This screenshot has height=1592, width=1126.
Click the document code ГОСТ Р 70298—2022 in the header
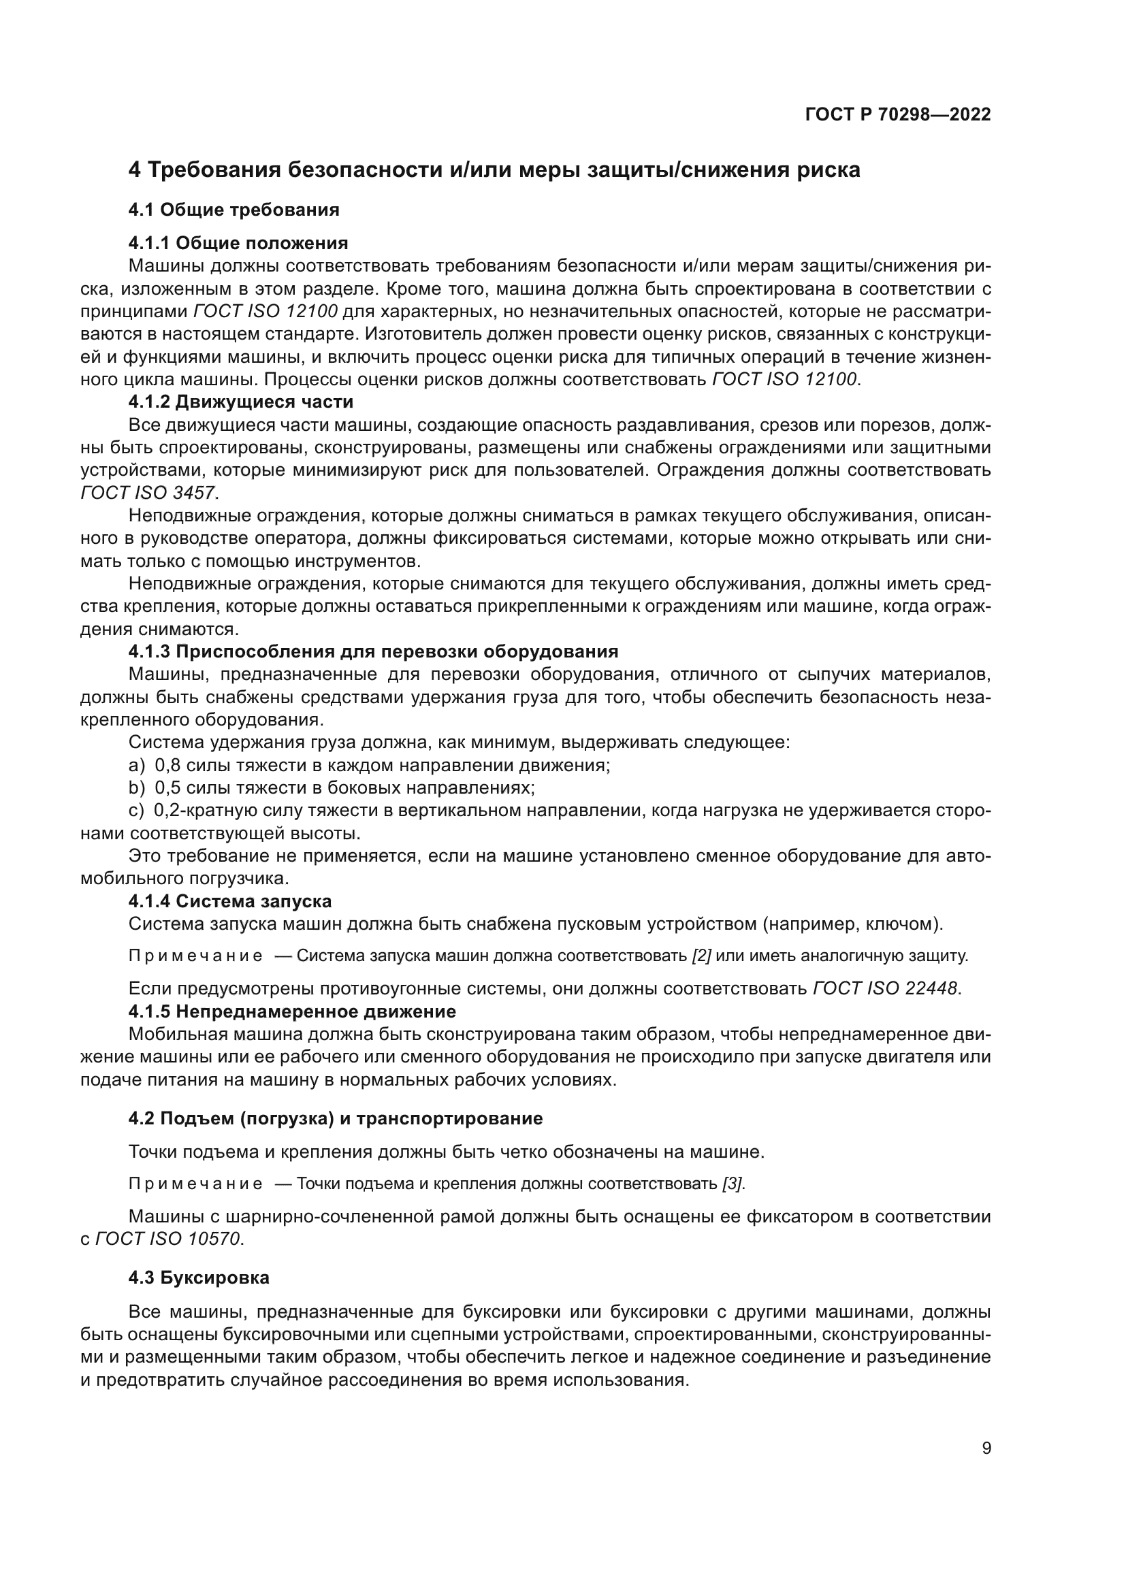(898, 115)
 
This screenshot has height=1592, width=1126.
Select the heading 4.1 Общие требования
(234, 210)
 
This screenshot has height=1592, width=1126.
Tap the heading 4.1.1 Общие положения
(238, 243)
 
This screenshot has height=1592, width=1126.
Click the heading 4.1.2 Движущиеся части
(240, 402)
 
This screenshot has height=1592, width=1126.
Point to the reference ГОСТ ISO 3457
(148, 493)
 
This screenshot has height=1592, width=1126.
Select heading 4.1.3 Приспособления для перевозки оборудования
(373, 652)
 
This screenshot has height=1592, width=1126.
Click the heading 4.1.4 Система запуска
(229, 901)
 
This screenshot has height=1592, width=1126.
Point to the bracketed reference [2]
(702, 956)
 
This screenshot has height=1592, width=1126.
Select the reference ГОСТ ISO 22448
(886, 989)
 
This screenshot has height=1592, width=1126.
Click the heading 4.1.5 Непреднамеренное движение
(292, 1011)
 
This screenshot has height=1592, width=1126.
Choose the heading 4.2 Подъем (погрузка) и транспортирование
(336, 1118)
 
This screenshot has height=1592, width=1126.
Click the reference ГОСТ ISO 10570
(168, 1239)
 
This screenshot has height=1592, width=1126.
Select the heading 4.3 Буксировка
(199, 1278)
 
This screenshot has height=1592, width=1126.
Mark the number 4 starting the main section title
(135, 170)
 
